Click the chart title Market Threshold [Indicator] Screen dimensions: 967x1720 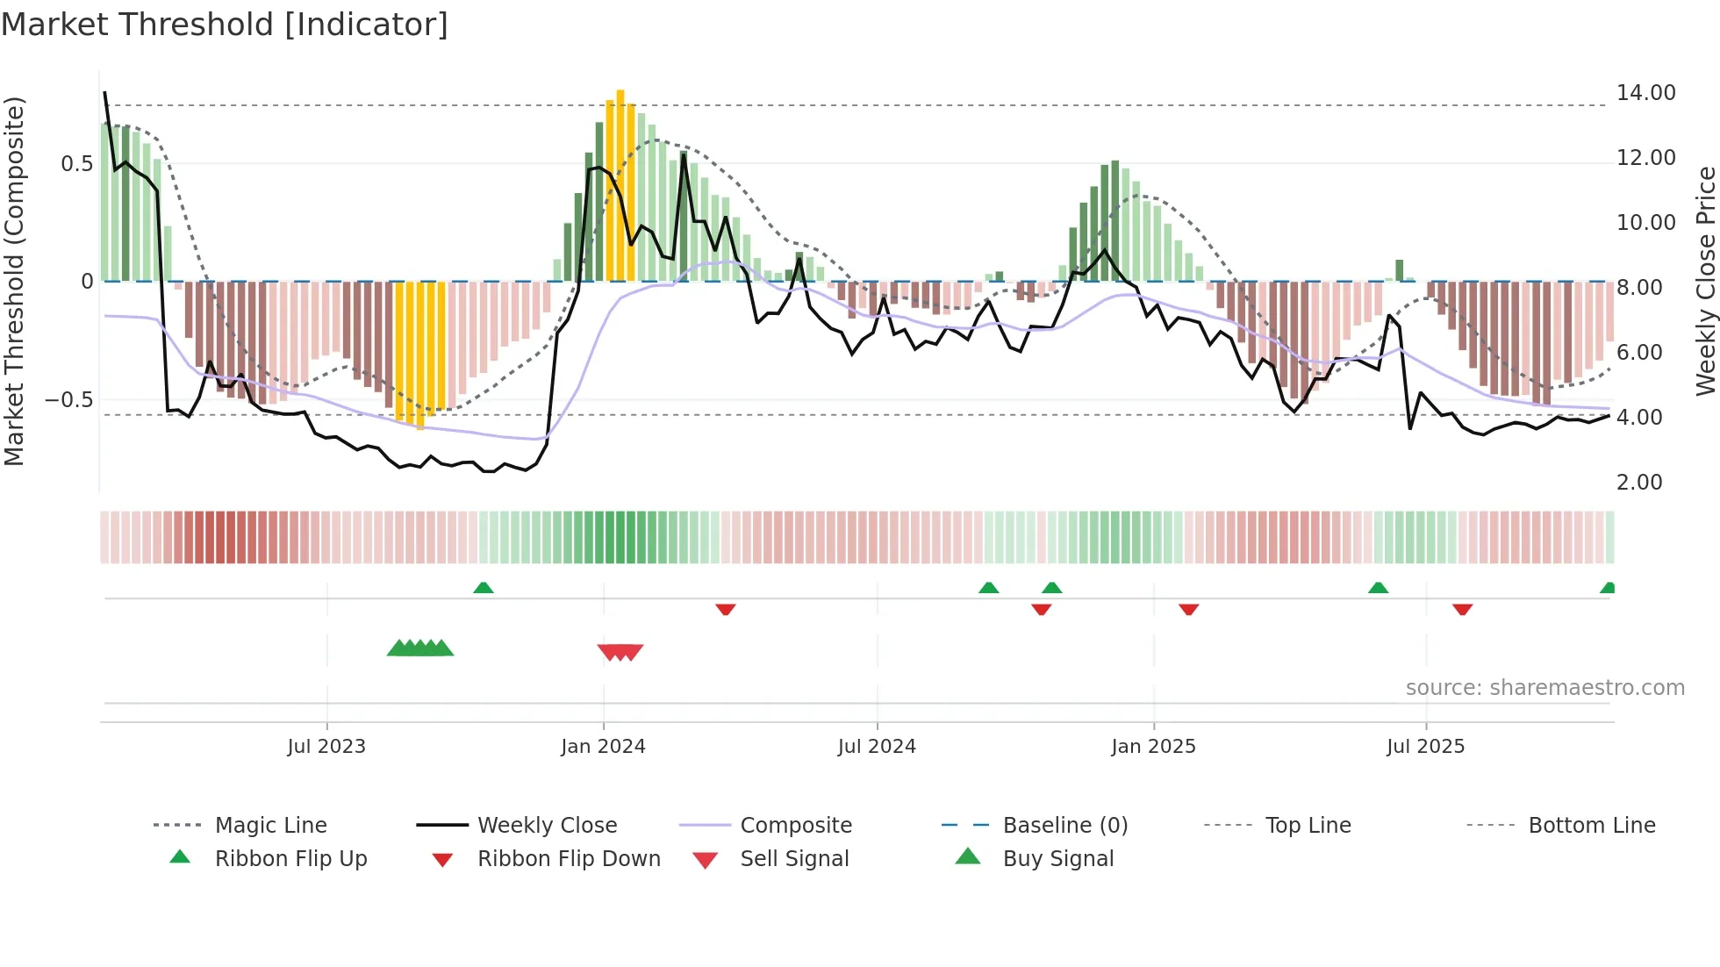click(225, 25)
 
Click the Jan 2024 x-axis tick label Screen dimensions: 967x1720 click(603, 747)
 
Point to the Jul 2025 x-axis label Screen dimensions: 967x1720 click(1425, 747)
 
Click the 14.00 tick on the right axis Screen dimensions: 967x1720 click(1645, 93)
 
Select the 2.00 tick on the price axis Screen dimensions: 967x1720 click(1639, 483)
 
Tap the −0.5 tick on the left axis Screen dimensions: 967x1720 click(68, 400)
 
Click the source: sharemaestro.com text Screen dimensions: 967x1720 click(1544, 688)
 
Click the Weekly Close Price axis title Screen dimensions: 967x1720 click(1705, 281)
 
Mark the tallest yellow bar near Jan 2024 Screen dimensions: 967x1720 click(620, 184)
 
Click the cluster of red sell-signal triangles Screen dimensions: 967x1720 click(620, 652)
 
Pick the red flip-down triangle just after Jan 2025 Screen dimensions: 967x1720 click(1188, 609)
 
